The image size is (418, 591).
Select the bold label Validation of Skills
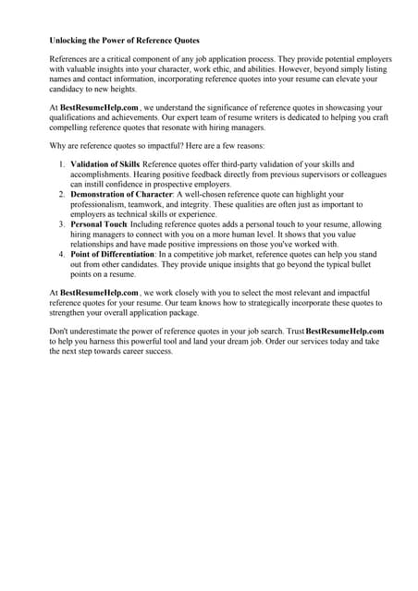pyautogui.click(x=105, y=163)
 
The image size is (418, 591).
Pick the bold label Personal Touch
pyautogui.click(x=99, y=224)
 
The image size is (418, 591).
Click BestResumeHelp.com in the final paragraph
pyautogui.click(x=344, y=331)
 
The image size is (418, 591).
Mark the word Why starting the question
pyautogui.click(x=59, y=146)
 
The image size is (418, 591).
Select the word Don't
pyautogui.click(x=62, y=331)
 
